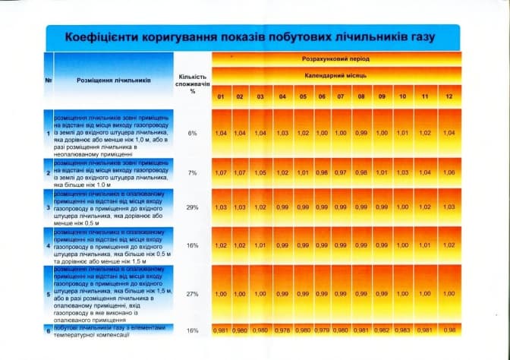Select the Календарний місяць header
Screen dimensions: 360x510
pyautogui.click(x=335, y=77)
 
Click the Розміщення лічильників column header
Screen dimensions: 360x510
pyautogui.click(x=115, y=80)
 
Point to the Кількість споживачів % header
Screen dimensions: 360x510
pyautogui.click(x=192, y=83)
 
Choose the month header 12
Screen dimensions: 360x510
pyautogui.click(x=449, y=96)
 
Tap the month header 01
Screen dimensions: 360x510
pyautogui.click(x=221, y=96)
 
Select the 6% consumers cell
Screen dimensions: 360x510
pyautogui.click(x=192, y=133)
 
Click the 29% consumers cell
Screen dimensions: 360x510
pyautogui.click(x=192, y=207)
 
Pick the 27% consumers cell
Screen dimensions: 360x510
pyautogui.click(x=192, y=292)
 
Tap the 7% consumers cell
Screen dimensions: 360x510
pyautogui.click(x=192, y=172)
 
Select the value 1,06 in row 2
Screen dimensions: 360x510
pyautogui.click(x=449, y=172)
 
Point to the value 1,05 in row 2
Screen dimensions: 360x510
pyautogui.click(x=260, y=172)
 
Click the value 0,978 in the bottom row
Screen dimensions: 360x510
pyautogui.click(x=282, y=330)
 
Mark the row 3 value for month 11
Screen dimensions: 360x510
pyautogui.click(x=425, y=207)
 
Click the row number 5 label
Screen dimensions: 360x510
pyautogui.click(x=49, y=292)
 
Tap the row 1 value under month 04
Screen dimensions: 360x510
pyautogui.click(x=282, y=133)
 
